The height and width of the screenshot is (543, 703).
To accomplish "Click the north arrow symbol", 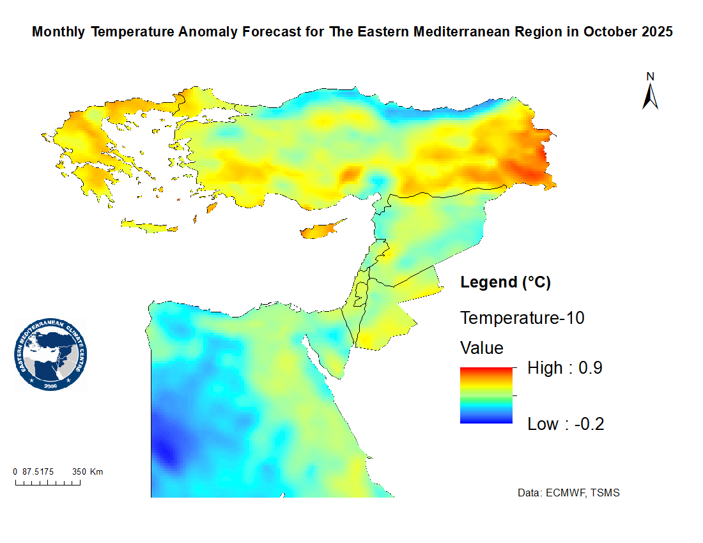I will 651,96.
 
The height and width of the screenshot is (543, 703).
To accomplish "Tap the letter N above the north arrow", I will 651,77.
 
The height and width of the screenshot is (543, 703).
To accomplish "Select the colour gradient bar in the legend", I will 486,395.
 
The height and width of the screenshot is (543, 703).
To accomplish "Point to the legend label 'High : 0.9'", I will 565,368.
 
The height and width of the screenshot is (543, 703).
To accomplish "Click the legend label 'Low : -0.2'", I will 566,424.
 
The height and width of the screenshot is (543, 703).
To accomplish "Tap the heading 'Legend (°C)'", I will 506,282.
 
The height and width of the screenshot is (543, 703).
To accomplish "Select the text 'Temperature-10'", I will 522,317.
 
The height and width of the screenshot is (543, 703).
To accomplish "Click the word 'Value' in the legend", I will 482,348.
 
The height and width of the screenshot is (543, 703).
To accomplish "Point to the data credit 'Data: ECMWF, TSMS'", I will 568,493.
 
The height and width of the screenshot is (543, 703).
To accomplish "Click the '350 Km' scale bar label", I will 88,472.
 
